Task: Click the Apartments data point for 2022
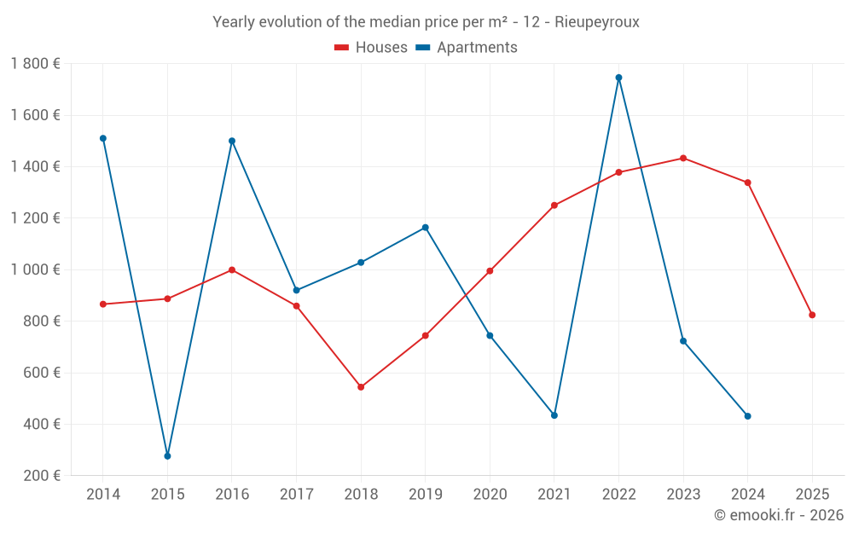point(618,78)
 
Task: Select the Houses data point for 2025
point(812,316)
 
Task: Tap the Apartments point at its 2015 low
point(167,456)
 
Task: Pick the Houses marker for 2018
point(361,387)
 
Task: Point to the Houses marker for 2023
point(683,158)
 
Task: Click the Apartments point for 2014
point(103,138)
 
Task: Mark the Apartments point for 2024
point(748,416)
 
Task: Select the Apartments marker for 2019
point(426,228)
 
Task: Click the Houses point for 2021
point(554,206)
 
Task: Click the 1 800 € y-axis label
point(35,64)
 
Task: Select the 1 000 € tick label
point(35,269)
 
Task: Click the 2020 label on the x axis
point(490,495)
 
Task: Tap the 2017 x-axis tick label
point(296,495)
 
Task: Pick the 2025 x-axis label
point(812,495)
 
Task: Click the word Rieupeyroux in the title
point(597,22)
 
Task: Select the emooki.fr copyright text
point(779,515)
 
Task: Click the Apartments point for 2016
point(232,141)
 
